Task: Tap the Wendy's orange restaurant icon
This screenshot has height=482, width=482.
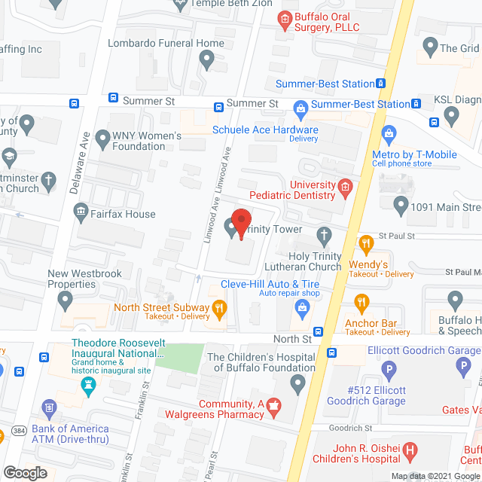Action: [x=367, y=243]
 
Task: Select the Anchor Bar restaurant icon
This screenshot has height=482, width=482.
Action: [x=361, y=303]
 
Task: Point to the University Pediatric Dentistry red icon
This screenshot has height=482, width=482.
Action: [x=345, y=188]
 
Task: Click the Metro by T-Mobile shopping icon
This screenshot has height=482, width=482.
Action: [x=389, y=136]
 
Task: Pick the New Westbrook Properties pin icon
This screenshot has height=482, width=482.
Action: [x=66, y=301]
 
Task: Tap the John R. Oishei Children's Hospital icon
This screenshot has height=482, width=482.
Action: [x=410, y=451]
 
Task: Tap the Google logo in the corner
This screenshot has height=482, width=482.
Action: [x=26, y=472]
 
